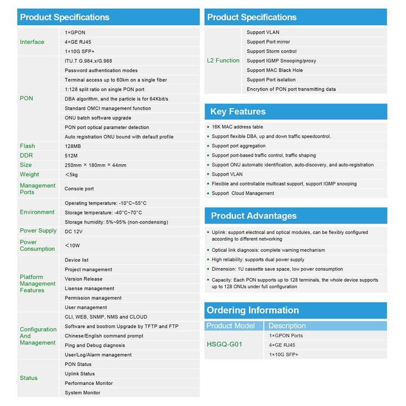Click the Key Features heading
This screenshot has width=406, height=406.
coord(238,112)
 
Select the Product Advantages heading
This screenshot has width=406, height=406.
coord(253,216)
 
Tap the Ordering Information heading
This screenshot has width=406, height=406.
coord(253,310)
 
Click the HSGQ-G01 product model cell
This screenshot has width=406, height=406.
coord(224,344)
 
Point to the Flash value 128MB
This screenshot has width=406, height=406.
coord(73,146)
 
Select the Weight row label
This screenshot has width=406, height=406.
coord(30,174)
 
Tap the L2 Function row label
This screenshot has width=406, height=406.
coord(223,60)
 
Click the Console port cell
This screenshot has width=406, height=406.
coord(79,189)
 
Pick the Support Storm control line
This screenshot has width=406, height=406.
coord(272,51)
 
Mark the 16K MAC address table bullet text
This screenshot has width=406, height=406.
coord(237,127)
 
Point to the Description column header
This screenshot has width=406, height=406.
coord(287,325)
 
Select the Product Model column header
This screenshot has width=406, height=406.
coord(230,325)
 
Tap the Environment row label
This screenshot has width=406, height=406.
coord(37,212)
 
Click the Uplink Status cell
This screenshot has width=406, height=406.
coord(79,374)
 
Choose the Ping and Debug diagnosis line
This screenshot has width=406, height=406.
coord(95,345)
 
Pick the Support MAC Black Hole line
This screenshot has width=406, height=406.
coord(275,70)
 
